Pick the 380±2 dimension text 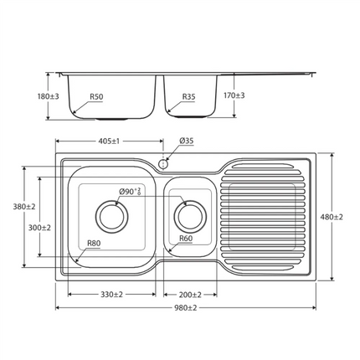click(x=23, y=206)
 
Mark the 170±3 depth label click(x=233, y=95)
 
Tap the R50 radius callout click(x=96, y=97)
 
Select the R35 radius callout click(x=189, y=97)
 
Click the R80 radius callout click(x=95, y=244)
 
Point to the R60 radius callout click(x=187, y=239)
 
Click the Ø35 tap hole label click(x=187, y=141)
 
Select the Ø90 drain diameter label click(x=130, y=192)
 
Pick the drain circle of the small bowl click(x=188, y=216)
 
